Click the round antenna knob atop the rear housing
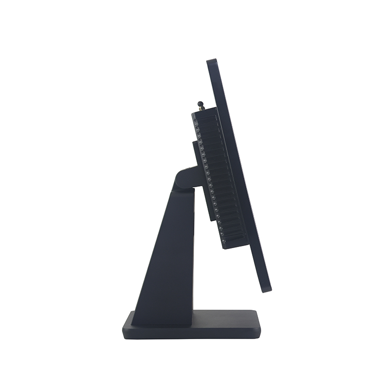coord(200,103)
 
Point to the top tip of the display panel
coord(211,61)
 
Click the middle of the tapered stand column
coord(167,252)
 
